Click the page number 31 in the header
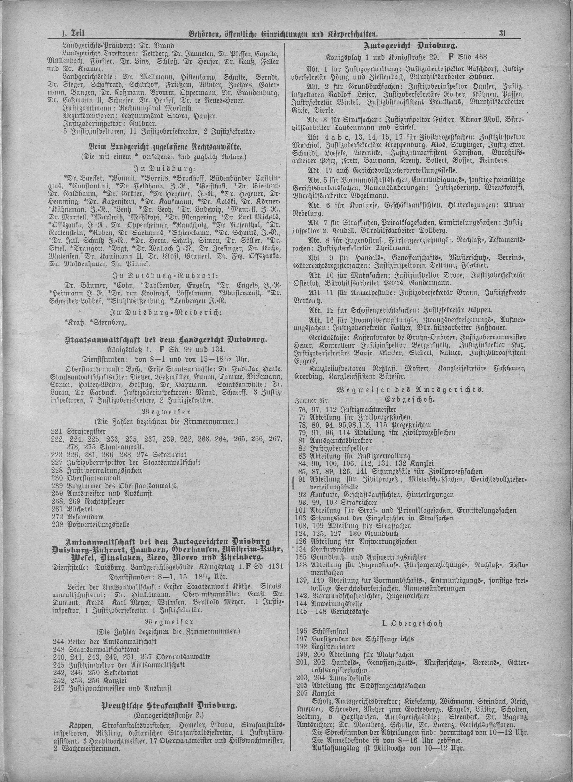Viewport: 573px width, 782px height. [503, 34]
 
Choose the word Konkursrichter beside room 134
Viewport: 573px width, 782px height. [333, 549]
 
